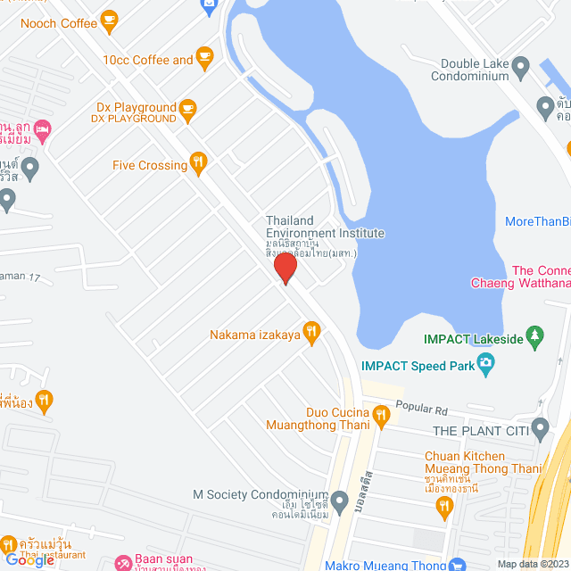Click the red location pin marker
tap(285, 269)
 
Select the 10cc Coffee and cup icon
tap(204, 59)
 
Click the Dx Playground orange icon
tap(187, 109)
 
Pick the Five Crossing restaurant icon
tap(198, 163)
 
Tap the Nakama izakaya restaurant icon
tap(310, 334)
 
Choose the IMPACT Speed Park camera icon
tap(485, 363)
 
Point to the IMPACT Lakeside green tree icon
tap(535, 336)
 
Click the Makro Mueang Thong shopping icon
tap(457, 564)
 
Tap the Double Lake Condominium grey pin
tap(545, 108)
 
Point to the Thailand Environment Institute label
tap(325, 227)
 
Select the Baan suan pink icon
tap(122, 564)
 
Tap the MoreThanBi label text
tap(537, 221)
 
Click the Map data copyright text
tap(532, 564)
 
